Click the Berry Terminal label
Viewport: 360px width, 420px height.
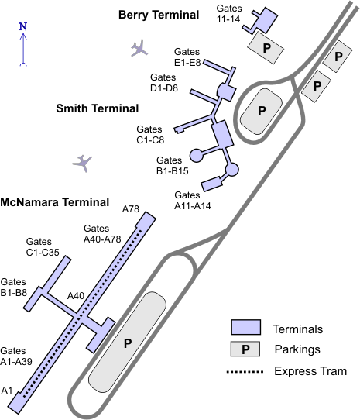pos(159,15)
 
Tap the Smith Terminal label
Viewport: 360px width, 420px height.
pos(98,108)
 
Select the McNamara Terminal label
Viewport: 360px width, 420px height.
pos(55,202)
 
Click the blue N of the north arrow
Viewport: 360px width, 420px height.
pos(23,26)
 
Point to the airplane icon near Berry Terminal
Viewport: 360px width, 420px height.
pos(139,48)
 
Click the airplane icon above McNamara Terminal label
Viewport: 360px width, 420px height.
pos(82,163)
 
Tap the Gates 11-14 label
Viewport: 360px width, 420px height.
pos(229,14)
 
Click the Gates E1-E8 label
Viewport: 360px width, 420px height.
pos(187,57)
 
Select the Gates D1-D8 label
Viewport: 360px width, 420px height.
pos(164,82)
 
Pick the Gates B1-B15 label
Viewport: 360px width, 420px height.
pos(173,166)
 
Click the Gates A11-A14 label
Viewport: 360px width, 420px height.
pos(193,201)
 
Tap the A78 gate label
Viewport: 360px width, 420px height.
pos(131,209)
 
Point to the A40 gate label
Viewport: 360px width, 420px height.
pos(76,296)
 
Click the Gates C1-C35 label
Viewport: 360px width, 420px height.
pos(43,246)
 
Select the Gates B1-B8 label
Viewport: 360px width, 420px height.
pos(14,287)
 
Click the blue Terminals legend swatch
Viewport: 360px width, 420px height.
pos(246,327)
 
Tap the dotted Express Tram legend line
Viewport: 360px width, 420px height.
pos(245,372)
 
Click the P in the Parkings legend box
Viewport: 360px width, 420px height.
pos(245,349)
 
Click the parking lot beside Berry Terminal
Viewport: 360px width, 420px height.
pos(266,48)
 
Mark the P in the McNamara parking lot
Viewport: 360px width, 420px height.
pos(128,343)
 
